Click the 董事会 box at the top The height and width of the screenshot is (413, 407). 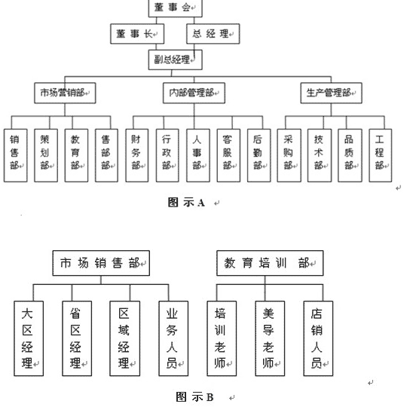pyautogui.click(x=175, y=8)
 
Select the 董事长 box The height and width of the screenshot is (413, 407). pyautogui.click(x=137, y=34)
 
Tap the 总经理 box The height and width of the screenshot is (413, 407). pyautogui.click(x=213, y=34)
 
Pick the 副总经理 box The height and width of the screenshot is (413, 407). pyautogui.click(x=175, y=60)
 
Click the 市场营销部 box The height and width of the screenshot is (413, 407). pyautogui.click(x=65, y=93)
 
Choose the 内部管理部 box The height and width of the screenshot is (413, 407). pyautogui.click(x=194, y=93)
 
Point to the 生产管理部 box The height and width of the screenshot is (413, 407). pyautogui.click(x=331, y=93)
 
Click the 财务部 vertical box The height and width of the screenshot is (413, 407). pyautogui.click(x=137, y=155)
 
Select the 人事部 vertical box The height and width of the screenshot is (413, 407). pyautogui.click(x=198, y=155)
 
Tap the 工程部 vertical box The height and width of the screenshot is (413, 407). pyautogui.click(x=381, y=155)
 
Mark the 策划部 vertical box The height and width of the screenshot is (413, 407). pyautogui.click(x=46, y=155)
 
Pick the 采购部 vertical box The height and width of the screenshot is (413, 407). pyautogui.click(x=289, y=155)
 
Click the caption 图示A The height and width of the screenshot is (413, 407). pyautogui.click(x=186, y=203)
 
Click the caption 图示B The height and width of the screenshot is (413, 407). pyautogui.click(x=194, y=397)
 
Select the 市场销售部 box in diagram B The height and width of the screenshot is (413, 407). pyautogui.click(x=101, y=263)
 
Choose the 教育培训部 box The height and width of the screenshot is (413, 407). pyautogui.click(x=270, y=263)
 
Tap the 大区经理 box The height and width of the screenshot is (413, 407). pyautogui.click(x=29, y=338)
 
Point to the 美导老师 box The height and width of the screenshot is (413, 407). pyautogui.click(x=270, y=338)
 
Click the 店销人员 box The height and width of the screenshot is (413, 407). pyautogui.click(x=318, y=338)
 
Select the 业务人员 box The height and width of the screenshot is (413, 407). pyautogui.click(x=173, y=338)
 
